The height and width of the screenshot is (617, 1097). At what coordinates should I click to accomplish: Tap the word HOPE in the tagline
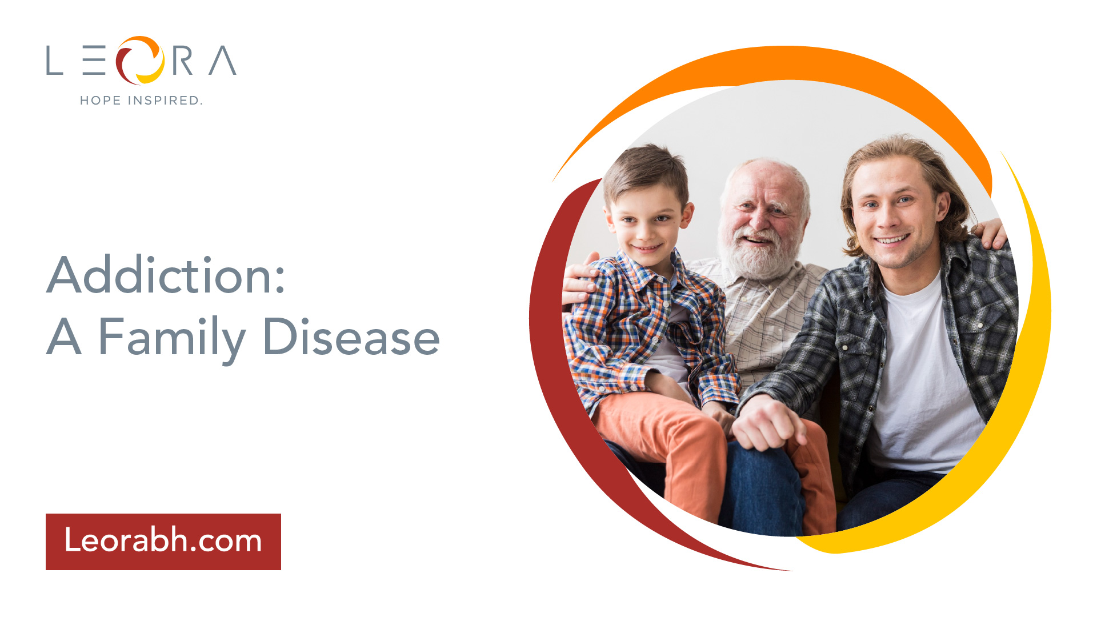(x=101, y=101)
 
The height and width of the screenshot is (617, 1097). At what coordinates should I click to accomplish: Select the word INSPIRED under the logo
(x=165, y=101)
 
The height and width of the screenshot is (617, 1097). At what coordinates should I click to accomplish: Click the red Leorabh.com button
(x=163, y=542)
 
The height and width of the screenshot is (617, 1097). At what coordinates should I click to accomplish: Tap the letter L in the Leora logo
(x=54, y=61)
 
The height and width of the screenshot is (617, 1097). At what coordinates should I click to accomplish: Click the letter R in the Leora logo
(x=182, y=61)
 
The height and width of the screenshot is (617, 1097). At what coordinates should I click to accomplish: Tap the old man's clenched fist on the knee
(x=764, y=423)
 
